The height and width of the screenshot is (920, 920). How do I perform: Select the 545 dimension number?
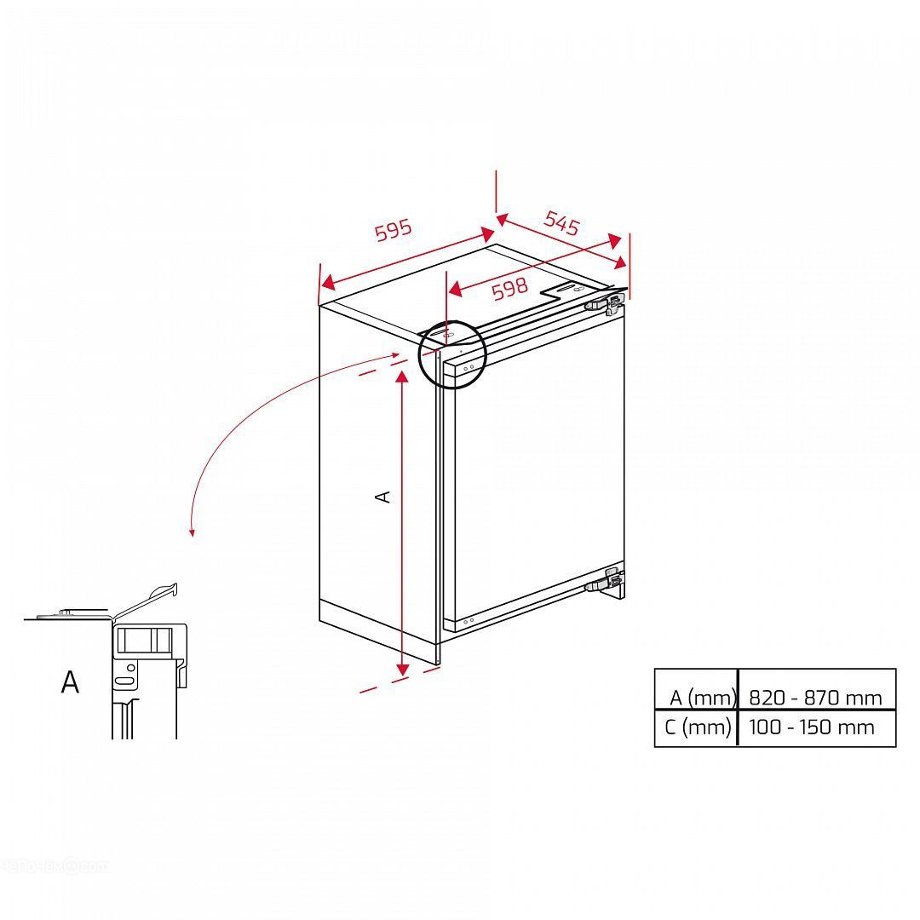[562, 222]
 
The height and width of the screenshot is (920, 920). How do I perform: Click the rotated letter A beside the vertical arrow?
[382, 497]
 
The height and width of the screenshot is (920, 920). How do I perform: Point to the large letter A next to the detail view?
[70, 681]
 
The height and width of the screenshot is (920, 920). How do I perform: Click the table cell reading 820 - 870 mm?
[815, 698]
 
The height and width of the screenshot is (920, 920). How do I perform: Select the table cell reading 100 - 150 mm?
[812, 727]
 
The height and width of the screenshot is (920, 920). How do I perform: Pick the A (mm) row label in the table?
[702, 698]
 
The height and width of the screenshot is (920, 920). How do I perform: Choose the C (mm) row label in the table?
[698, 727]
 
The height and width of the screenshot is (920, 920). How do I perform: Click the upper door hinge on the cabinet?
[604, 302]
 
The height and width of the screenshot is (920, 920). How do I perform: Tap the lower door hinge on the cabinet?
[604, 581]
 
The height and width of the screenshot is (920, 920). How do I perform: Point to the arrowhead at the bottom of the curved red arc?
[192, 532]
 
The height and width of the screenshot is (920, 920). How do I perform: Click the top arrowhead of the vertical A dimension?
[402, 378]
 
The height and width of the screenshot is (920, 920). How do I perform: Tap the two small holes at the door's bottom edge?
[469, 621]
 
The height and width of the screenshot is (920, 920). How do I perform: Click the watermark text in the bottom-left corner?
[53, 866]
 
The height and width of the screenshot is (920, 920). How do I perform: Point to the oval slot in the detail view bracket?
[125, 681]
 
